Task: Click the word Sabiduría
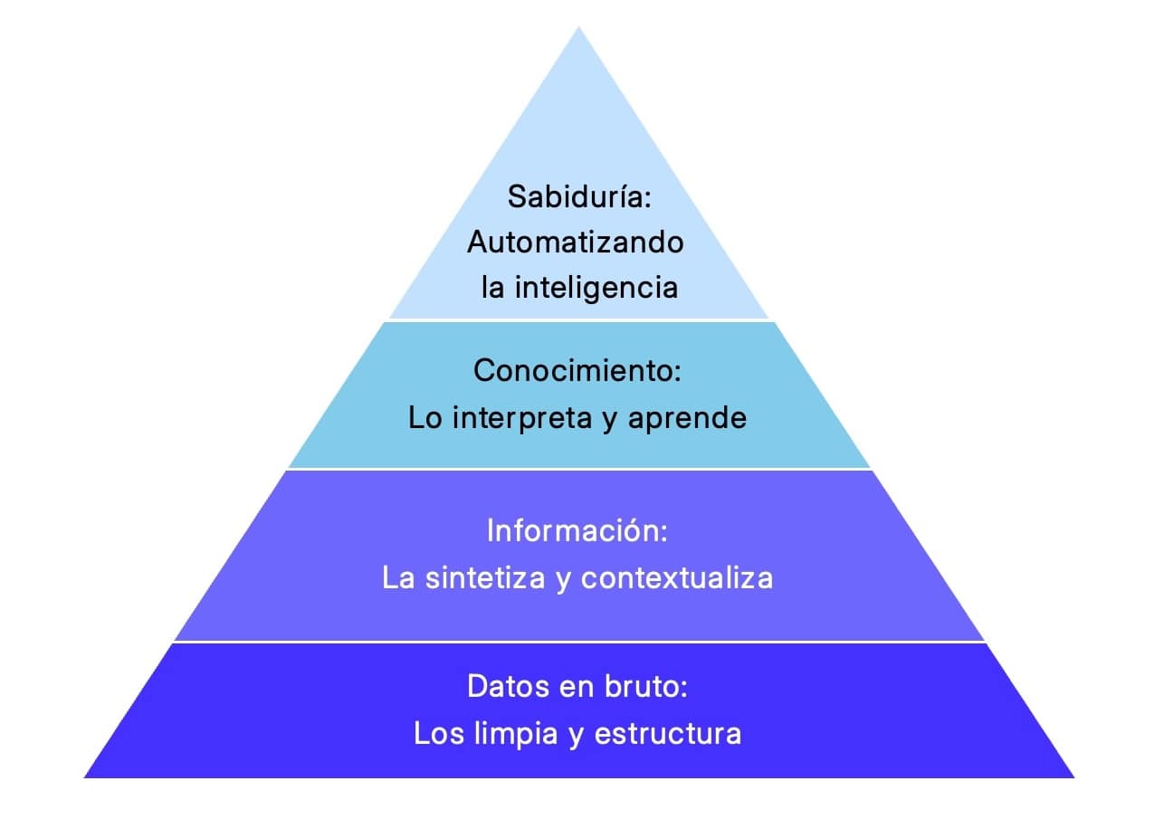(x=577, y=196)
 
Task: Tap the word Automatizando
(x=576, y=242)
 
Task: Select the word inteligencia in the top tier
(x=596, y=288)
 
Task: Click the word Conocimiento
(x=575, y=370)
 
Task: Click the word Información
(x=577, y=530)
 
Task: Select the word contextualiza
(x=677, y=577)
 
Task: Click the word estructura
(x=667, y=733)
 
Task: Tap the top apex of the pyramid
(x=578, y=28)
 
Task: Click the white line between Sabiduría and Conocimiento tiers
(x=579, y=320)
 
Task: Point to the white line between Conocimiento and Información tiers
(x=579, y=469)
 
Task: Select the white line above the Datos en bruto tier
(x=579, y=642)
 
